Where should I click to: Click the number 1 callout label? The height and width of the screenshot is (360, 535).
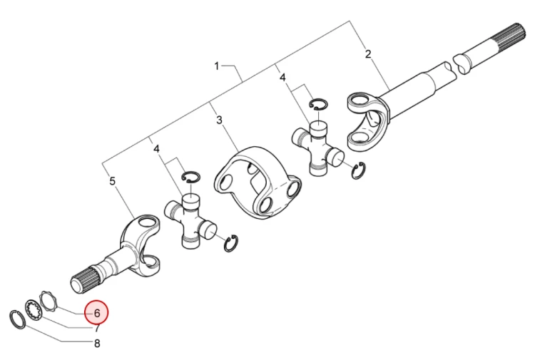pos(217,66)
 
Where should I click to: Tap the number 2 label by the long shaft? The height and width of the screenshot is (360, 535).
pos(368,54)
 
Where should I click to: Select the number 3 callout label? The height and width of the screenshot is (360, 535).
pos(219,120)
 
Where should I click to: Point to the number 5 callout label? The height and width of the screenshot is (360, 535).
pos(113,181)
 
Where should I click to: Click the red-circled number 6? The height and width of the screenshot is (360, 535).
pos(97,313)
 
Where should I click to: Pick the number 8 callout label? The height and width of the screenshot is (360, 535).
pos(97,344)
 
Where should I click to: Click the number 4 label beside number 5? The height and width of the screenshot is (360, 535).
pos(156,149)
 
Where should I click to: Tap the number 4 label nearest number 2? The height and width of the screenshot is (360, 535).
pos(282,78)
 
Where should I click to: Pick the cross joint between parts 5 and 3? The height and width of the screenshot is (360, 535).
pos(190,220)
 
